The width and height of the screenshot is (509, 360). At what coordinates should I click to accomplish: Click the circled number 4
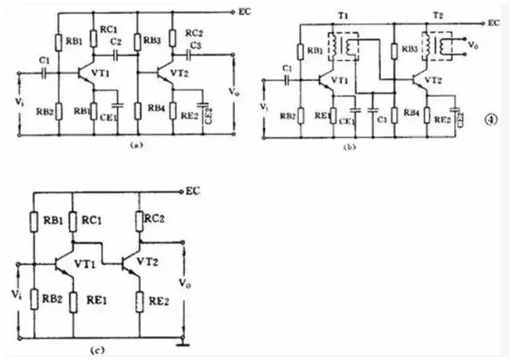coord(489,119)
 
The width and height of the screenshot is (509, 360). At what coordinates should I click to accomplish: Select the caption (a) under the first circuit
coord(137,144)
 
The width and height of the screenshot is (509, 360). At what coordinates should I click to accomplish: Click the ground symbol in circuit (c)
coord(184,340)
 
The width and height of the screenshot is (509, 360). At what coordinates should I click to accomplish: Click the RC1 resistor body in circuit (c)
coord(72,221)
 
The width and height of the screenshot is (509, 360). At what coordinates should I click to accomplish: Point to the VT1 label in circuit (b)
coord(340,80)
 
